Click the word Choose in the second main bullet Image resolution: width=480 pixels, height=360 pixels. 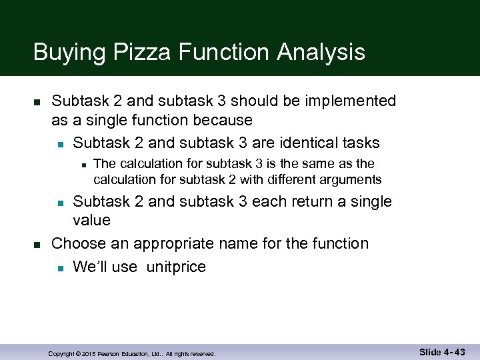click(x=77, y=243)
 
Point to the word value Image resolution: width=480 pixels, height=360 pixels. click(x=91, y=220)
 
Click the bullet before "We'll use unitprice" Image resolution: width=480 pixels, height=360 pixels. click(x=60, y=268)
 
